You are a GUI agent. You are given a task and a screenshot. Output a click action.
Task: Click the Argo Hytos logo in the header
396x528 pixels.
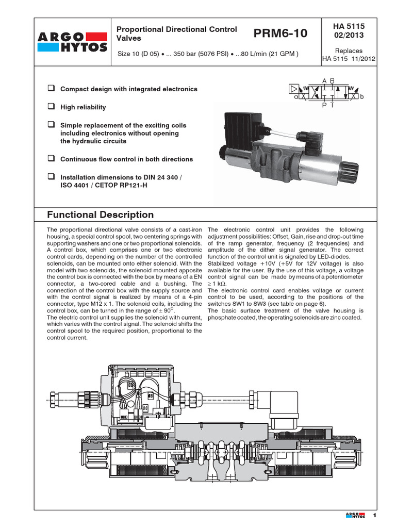click(73, 42)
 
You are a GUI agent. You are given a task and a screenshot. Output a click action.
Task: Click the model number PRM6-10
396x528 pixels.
click(280, 34)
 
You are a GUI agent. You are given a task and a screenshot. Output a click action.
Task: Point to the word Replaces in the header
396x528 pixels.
click(349, 51)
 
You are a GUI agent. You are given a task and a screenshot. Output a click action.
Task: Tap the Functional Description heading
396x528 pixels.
click(100, 214)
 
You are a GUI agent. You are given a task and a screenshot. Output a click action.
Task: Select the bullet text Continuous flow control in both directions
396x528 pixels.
click(126, 159)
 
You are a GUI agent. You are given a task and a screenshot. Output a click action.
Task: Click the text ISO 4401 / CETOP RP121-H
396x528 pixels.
click(104, 185)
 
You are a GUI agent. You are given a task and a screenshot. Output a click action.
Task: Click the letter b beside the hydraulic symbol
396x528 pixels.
click(362, 96)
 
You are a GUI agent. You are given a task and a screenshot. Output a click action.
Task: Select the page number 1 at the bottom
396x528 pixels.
click(375, 516)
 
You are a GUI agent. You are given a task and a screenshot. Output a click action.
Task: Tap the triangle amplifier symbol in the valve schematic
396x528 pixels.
click(293, 89)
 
